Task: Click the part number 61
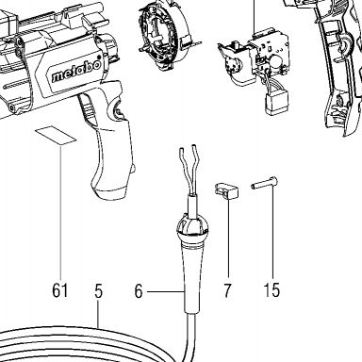60,290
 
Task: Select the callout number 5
98,291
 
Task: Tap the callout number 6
139,291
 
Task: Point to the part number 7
227,290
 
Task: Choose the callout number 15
271,290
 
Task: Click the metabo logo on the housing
76,72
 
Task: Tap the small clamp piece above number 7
226,190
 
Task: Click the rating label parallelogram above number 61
56,136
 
